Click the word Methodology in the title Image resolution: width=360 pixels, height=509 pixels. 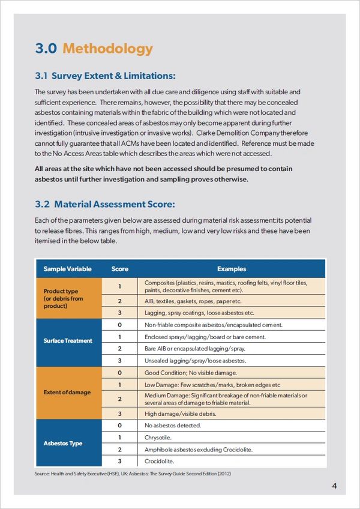[107, 49]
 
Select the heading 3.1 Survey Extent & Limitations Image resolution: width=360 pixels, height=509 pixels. [105, 76]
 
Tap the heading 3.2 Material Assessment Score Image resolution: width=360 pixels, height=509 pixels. [105, 205]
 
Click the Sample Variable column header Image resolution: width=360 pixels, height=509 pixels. [67, 269]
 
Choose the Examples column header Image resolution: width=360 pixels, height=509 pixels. [232, 269]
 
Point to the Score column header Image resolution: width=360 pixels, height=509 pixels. [120, 269]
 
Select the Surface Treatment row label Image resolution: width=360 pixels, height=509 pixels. [68, 340]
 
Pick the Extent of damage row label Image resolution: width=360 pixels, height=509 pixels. [67, 392]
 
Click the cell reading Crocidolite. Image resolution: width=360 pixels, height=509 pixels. [160, 461]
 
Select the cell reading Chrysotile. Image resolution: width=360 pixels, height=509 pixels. [159, 438]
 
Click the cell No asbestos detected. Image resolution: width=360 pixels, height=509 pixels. [173, 426]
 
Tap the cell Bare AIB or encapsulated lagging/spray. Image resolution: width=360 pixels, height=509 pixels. [195, 348]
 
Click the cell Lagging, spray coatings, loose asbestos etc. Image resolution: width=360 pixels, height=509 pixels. [200, 313]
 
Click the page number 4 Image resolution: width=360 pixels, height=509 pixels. [334, 486]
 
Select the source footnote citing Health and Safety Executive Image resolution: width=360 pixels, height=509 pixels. [133, 474]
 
